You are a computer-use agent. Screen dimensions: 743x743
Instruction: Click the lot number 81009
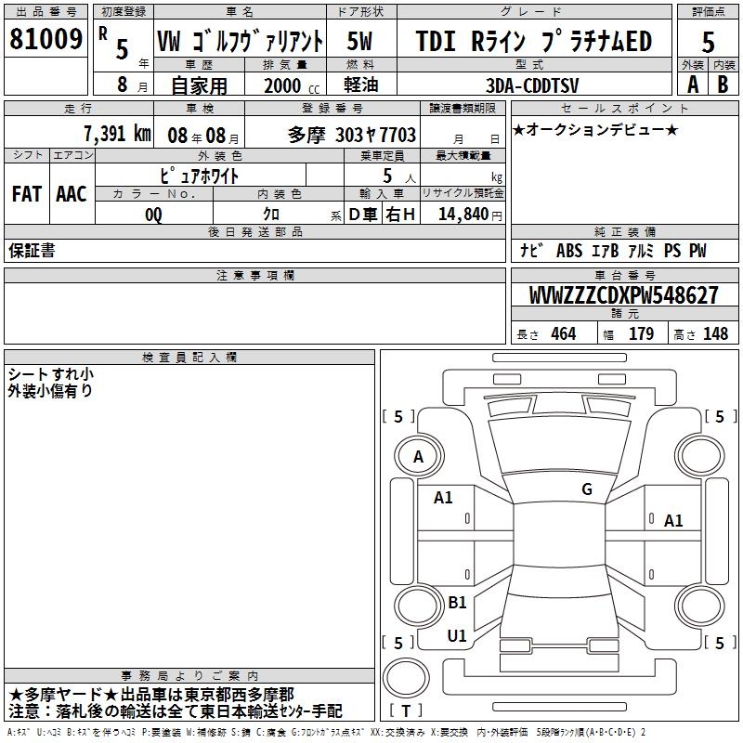(46, 39)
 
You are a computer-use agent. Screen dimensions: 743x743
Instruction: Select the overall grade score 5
(708, 42)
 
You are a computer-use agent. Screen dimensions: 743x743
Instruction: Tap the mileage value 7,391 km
(118, 134)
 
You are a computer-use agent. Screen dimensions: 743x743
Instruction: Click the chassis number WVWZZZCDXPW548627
(623, 295)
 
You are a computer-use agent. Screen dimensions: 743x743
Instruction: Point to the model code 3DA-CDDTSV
(532, 85)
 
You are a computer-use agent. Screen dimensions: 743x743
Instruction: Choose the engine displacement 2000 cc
(292, 85)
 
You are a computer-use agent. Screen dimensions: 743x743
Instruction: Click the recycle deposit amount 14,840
(463, 215)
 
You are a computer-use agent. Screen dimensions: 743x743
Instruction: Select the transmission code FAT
(27, 194)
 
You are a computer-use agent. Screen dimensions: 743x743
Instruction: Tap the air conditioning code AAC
(72, 194)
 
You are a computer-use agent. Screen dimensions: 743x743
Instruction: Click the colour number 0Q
(153, 215)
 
